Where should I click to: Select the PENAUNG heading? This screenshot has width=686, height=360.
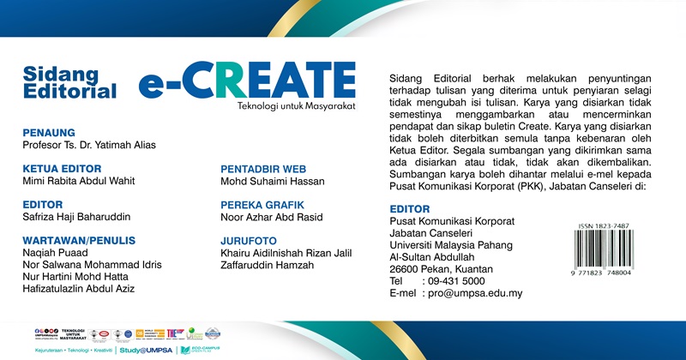[x=49, y=133]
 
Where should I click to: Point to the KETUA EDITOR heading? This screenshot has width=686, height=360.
[x=63, y=169]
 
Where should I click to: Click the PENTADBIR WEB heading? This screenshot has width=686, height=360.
[x=263, y=169]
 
